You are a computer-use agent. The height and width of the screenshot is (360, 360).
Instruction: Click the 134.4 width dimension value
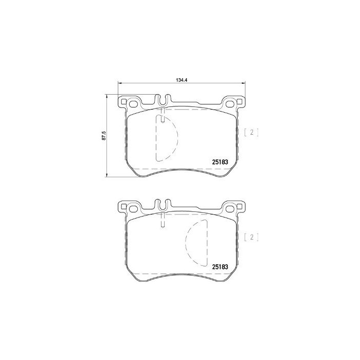(181, 80)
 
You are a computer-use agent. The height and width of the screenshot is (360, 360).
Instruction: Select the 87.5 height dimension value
(103, 135)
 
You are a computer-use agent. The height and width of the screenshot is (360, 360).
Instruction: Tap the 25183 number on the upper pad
(220, 161)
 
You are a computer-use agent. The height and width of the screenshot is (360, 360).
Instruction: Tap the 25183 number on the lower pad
(220, 266)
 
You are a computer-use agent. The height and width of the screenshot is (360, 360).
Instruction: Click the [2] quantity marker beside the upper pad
(251, 132)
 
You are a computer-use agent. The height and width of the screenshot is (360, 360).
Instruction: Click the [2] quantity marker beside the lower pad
(251, 237)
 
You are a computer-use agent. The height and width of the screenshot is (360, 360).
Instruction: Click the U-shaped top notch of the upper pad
(163, 101)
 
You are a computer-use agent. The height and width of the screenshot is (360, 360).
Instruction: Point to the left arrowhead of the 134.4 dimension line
(120, 84)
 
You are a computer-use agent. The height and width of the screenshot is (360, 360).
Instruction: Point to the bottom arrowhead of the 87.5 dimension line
(106, 175)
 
